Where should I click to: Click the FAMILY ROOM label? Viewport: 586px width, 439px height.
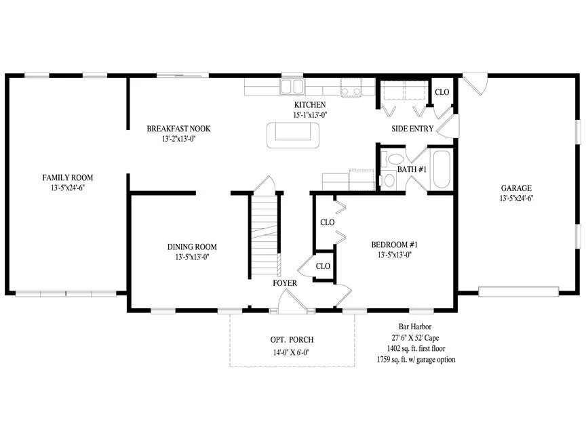[68, 177]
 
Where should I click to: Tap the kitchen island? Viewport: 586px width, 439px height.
[293, 135]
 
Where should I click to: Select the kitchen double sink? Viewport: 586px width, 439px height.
[292, 86]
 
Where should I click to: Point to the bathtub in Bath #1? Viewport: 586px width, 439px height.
[442, 169]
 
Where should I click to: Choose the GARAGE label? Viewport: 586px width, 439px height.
[516, 188]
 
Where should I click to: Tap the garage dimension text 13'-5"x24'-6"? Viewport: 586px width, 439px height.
[516, 198]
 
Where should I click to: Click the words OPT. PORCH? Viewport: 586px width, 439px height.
[292, 339]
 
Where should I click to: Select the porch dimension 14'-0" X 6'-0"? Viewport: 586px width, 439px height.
[291, 352]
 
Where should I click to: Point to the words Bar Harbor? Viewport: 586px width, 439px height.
[415, 327]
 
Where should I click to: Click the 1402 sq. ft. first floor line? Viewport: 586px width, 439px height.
[416, 348]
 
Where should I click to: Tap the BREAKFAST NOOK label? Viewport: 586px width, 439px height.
[178, 129]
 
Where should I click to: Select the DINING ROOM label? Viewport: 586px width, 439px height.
[192, 247]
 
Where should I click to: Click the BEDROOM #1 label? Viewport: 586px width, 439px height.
[394, 245]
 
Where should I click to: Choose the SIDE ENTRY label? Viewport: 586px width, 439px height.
[412, 129]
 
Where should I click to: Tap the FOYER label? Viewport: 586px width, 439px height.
[285, 283]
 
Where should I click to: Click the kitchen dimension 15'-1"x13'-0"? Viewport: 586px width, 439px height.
[310, 115]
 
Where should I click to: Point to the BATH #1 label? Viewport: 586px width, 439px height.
[412, 169]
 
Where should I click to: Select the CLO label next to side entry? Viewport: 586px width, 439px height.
[442, 92]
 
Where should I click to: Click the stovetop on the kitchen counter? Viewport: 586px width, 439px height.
[351, 87]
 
